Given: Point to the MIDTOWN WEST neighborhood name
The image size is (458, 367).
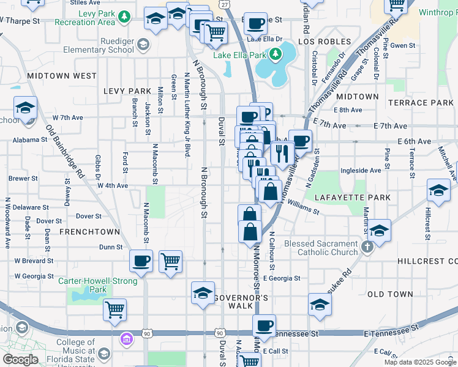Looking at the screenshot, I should coord(62,76).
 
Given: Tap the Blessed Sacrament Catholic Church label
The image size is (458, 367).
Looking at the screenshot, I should coord(321,248).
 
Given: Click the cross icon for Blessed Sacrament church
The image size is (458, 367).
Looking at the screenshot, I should coord(367,248).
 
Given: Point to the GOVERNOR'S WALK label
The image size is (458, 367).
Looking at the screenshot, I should coord(242,297).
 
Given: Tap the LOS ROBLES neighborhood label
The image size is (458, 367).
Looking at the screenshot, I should coord(325,42).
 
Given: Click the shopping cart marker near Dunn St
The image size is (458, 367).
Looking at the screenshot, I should coord(170,261).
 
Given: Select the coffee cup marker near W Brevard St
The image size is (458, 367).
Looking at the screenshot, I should coord(141,261).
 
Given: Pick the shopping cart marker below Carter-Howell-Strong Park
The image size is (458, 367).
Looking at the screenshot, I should coord(115,310).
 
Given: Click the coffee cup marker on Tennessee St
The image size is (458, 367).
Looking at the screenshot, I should coord(264,325).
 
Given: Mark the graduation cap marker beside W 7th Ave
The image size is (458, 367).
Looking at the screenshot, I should coord(25,107).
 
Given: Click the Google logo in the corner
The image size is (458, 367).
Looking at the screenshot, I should coord(20,360).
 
